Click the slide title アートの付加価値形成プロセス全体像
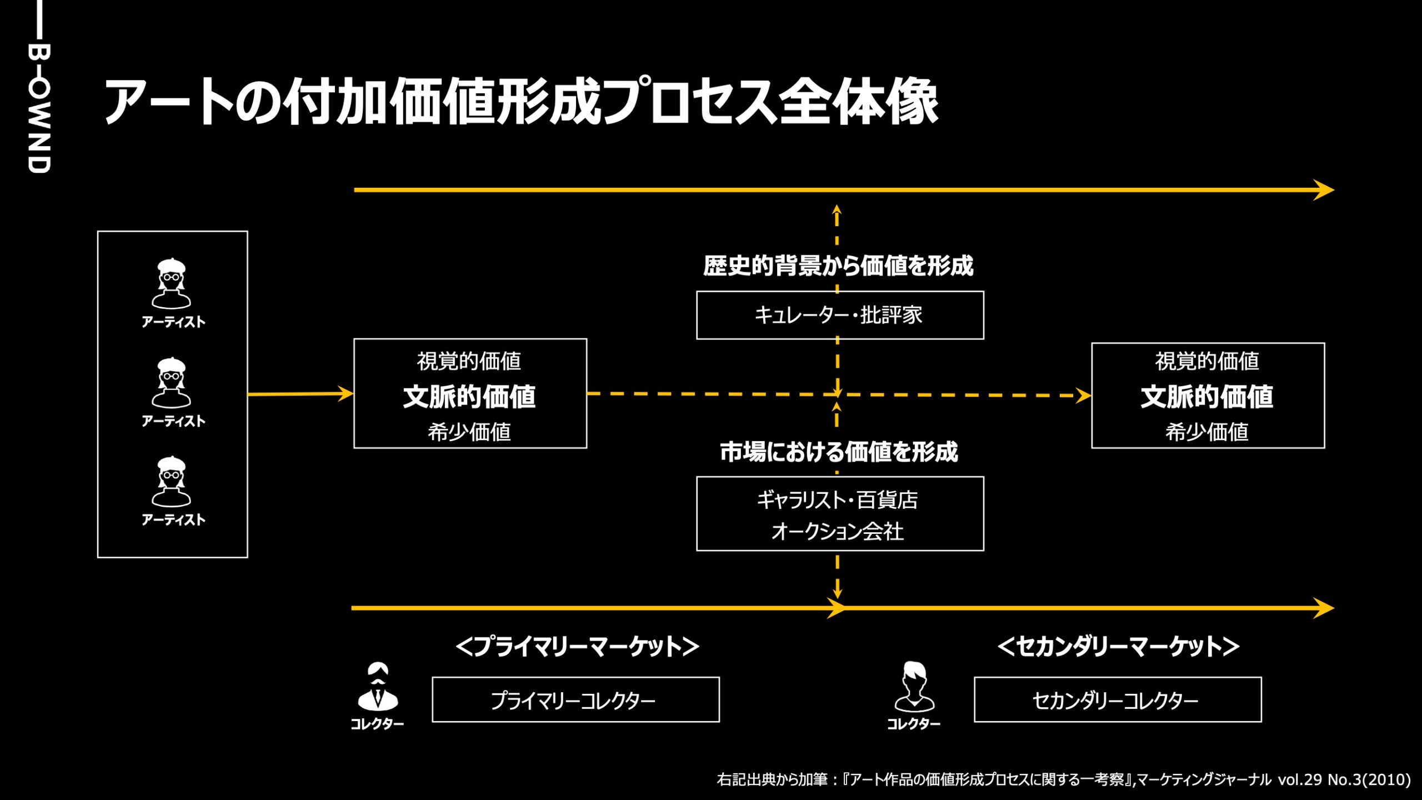[x=521, y=102]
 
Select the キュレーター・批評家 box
[x=839, y=315]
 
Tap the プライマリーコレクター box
[x=575, y=700]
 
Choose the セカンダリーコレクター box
[x=1117, y=700]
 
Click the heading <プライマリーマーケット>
[x=577, y=647]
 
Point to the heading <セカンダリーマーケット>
[x=1118, y=647]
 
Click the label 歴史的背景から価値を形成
[x=838, y=266]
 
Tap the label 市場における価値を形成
[x=839, y=452]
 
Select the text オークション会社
[x=838, y=532]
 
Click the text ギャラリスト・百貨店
[x=838, y=500]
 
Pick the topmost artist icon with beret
[x=172, y=283]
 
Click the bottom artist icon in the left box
[x=172, y=482]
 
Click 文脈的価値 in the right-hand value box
[x=1206, y=397]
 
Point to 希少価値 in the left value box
[x=469, y=432]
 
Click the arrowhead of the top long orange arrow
[x=1325, y=190]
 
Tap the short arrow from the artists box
[x=301, y=394]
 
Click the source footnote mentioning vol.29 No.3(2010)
[x=1063, y=779]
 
